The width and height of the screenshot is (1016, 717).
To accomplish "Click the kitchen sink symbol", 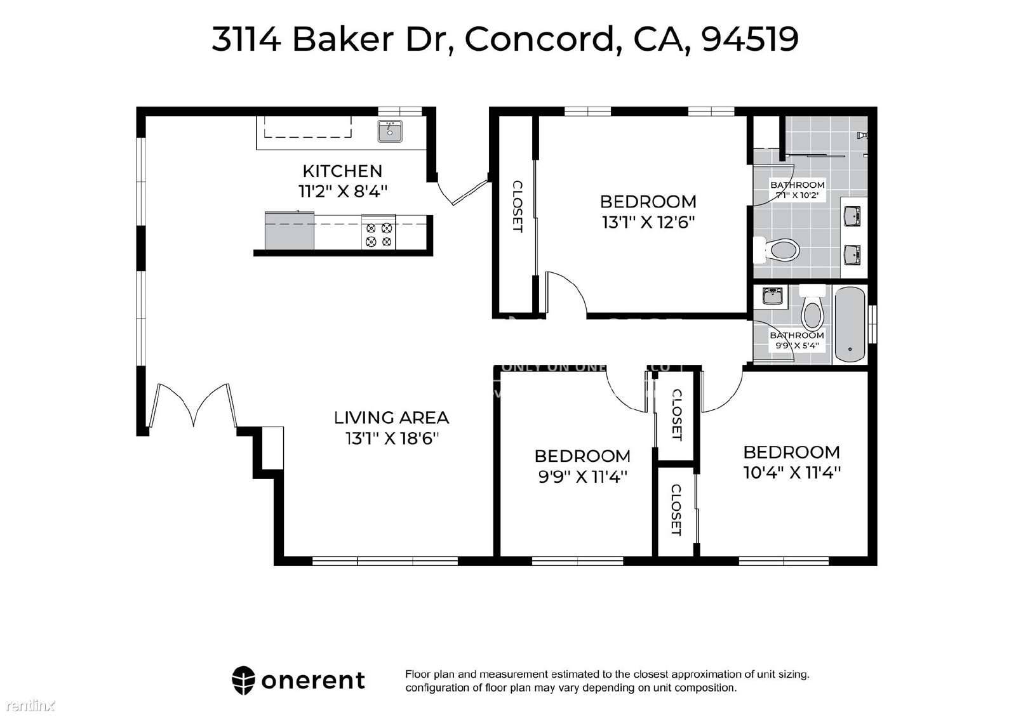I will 390,131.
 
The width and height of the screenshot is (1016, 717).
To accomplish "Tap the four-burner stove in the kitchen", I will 378,234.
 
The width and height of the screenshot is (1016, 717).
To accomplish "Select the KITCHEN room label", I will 342,171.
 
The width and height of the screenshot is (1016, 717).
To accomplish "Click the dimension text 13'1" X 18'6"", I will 392,438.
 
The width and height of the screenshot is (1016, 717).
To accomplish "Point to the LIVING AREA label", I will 392,418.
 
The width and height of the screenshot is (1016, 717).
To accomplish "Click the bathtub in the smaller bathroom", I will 850,324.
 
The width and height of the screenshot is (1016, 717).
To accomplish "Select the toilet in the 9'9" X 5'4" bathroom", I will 812,311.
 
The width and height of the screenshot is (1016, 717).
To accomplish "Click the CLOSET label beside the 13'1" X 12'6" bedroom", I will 517,207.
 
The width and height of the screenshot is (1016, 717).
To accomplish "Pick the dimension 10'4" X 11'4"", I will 792,472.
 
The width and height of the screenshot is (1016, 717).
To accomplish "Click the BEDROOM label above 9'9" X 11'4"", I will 582,456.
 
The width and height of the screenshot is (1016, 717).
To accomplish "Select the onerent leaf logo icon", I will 243,680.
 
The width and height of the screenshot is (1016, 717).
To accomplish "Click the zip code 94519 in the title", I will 750,39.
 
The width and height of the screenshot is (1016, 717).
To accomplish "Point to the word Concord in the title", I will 538,39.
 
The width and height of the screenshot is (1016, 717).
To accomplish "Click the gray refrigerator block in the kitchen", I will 290,232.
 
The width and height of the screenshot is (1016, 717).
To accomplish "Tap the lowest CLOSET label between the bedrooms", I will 676,510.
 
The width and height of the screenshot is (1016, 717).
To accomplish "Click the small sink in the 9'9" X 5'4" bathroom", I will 772,296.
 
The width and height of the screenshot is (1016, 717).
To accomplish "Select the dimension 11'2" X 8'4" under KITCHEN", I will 342,191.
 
